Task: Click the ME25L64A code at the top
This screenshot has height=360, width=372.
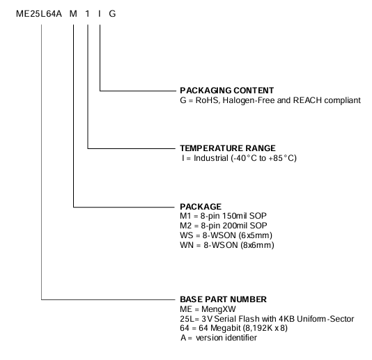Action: pyautogui.click(x=39, y=14)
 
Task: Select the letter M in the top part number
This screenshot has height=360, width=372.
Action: pyautogui.click(x=73, y=14)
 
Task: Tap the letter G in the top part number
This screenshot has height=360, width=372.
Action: pyautogui.click(x=112, y=14)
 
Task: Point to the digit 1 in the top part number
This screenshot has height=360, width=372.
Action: pyautogui.click(x=87, y=14)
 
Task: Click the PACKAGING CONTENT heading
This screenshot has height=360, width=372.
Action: pyautogui.click(x=227, y=91)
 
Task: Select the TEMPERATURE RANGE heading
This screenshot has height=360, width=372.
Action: pyautogui.click(x=228, y=148)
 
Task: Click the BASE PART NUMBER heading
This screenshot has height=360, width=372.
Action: pyautogui.click(x=223, y=299)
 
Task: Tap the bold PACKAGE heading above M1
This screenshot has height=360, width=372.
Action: pyautogui.click(x=201, y=207)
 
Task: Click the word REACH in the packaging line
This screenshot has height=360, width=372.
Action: pyautogui.click(x=307, y=100)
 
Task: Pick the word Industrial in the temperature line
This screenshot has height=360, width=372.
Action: pyautogui.click(x=211, y=158)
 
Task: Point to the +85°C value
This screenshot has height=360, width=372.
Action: pyautogui.click(x=281, y=158)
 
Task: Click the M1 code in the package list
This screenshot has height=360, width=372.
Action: pyautogui.click(x=185, y=216)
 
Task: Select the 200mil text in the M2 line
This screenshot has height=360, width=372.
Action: pyautogui.click(x=234, y=226)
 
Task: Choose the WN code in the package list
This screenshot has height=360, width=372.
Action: pyautogui.click(x=187, y=245)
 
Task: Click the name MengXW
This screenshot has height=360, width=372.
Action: pyautogui.click(x=219, y=309)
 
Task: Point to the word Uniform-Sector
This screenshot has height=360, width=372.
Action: pyautogui.click(x=325, y=319)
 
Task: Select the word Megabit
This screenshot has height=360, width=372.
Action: pyautogui.click(x=226, y=328)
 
